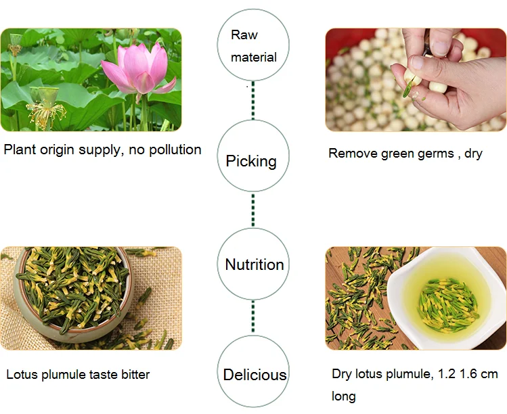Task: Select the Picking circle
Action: [x=252, y=160]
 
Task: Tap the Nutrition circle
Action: [x=254, y=264]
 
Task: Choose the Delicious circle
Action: [x=255, y=374]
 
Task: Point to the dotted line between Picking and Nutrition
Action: [x=252, y=210]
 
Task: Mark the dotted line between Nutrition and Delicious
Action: [x=253, y=317]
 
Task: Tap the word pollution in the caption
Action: [x=173, y=149]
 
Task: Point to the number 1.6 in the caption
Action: [x=469, y=374]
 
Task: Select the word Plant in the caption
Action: [x=20, y=149]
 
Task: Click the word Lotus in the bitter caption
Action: [x=22, y=374]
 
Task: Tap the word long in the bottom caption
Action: [x=343, y=396]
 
